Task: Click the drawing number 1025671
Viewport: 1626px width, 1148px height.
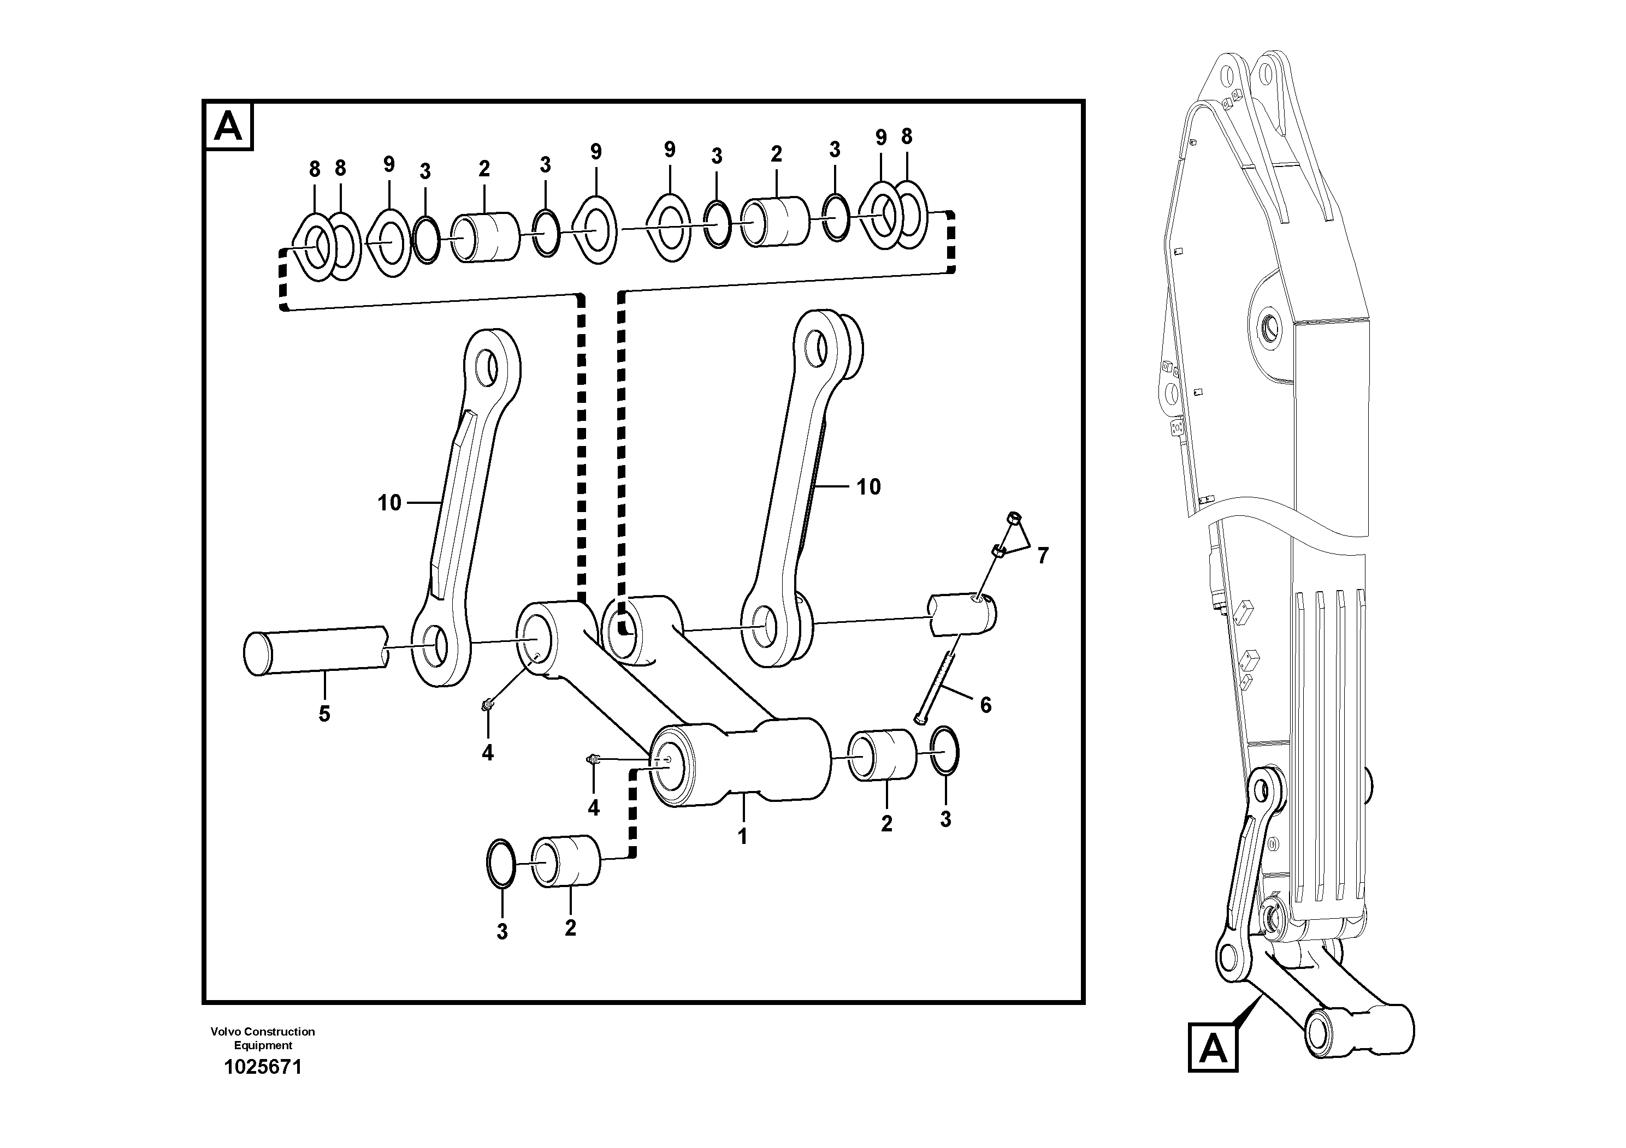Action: point(263,1067)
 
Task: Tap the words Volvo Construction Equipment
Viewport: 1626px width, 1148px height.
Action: point(263,1038)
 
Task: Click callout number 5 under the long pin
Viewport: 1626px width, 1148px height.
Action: point(324,714)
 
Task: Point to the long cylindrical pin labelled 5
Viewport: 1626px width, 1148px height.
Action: point(315,649)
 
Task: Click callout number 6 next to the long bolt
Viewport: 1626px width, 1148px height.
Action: point(985,704)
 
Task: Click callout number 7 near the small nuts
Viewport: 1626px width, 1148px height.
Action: point(1043,556)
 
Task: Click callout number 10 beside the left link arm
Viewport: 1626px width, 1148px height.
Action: point(389,503)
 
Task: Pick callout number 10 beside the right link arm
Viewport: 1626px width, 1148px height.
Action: point(868,487)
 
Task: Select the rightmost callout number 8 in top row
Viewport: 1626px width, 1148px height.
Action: point(907,136)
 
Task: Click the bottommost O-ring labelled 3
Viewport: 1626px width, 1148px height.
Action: point(502,863)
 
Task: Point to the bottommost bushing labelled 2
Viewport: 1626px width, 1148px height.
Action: point(566,861)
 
